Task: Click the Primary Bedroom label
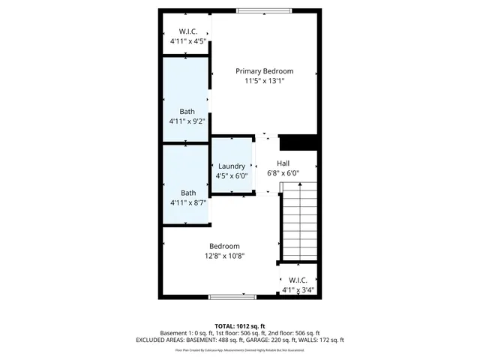coord(264,71)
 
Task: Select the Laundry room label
coord(231,166)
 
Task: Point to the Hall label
coord(283,163)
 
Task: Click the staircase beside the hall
coord(300,221)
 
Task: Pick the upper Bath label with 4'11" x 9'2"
coord(187,111)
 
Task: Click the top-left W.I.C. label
coord(187,31)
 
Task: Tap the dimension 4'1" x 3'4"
coord(298,290)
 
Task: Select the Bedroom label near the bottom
coord(224,246)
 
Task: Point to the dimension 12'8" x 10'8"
coord(225,256)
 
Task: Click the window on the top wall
coord(261,10)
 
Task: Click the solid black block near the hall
coord(298,142)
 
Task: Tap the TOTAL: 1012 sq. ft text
coord(240,326)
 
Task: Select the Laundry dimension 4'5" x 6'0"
coord(231,176)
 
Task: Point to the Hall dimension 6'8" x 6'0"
coord(283,173)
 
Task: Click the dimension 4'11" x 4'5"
coord(187,41)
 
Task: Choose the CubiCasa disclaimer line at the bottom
coord(240,349)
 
